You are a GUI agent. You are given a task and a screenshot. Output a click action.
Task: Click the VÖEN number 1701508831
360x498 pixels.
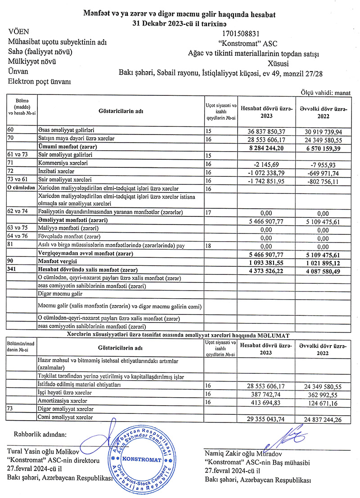(241, 33)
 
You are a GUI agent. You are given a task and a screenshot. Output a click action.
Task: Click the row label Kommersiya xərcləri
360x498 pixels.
(59, 163)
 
